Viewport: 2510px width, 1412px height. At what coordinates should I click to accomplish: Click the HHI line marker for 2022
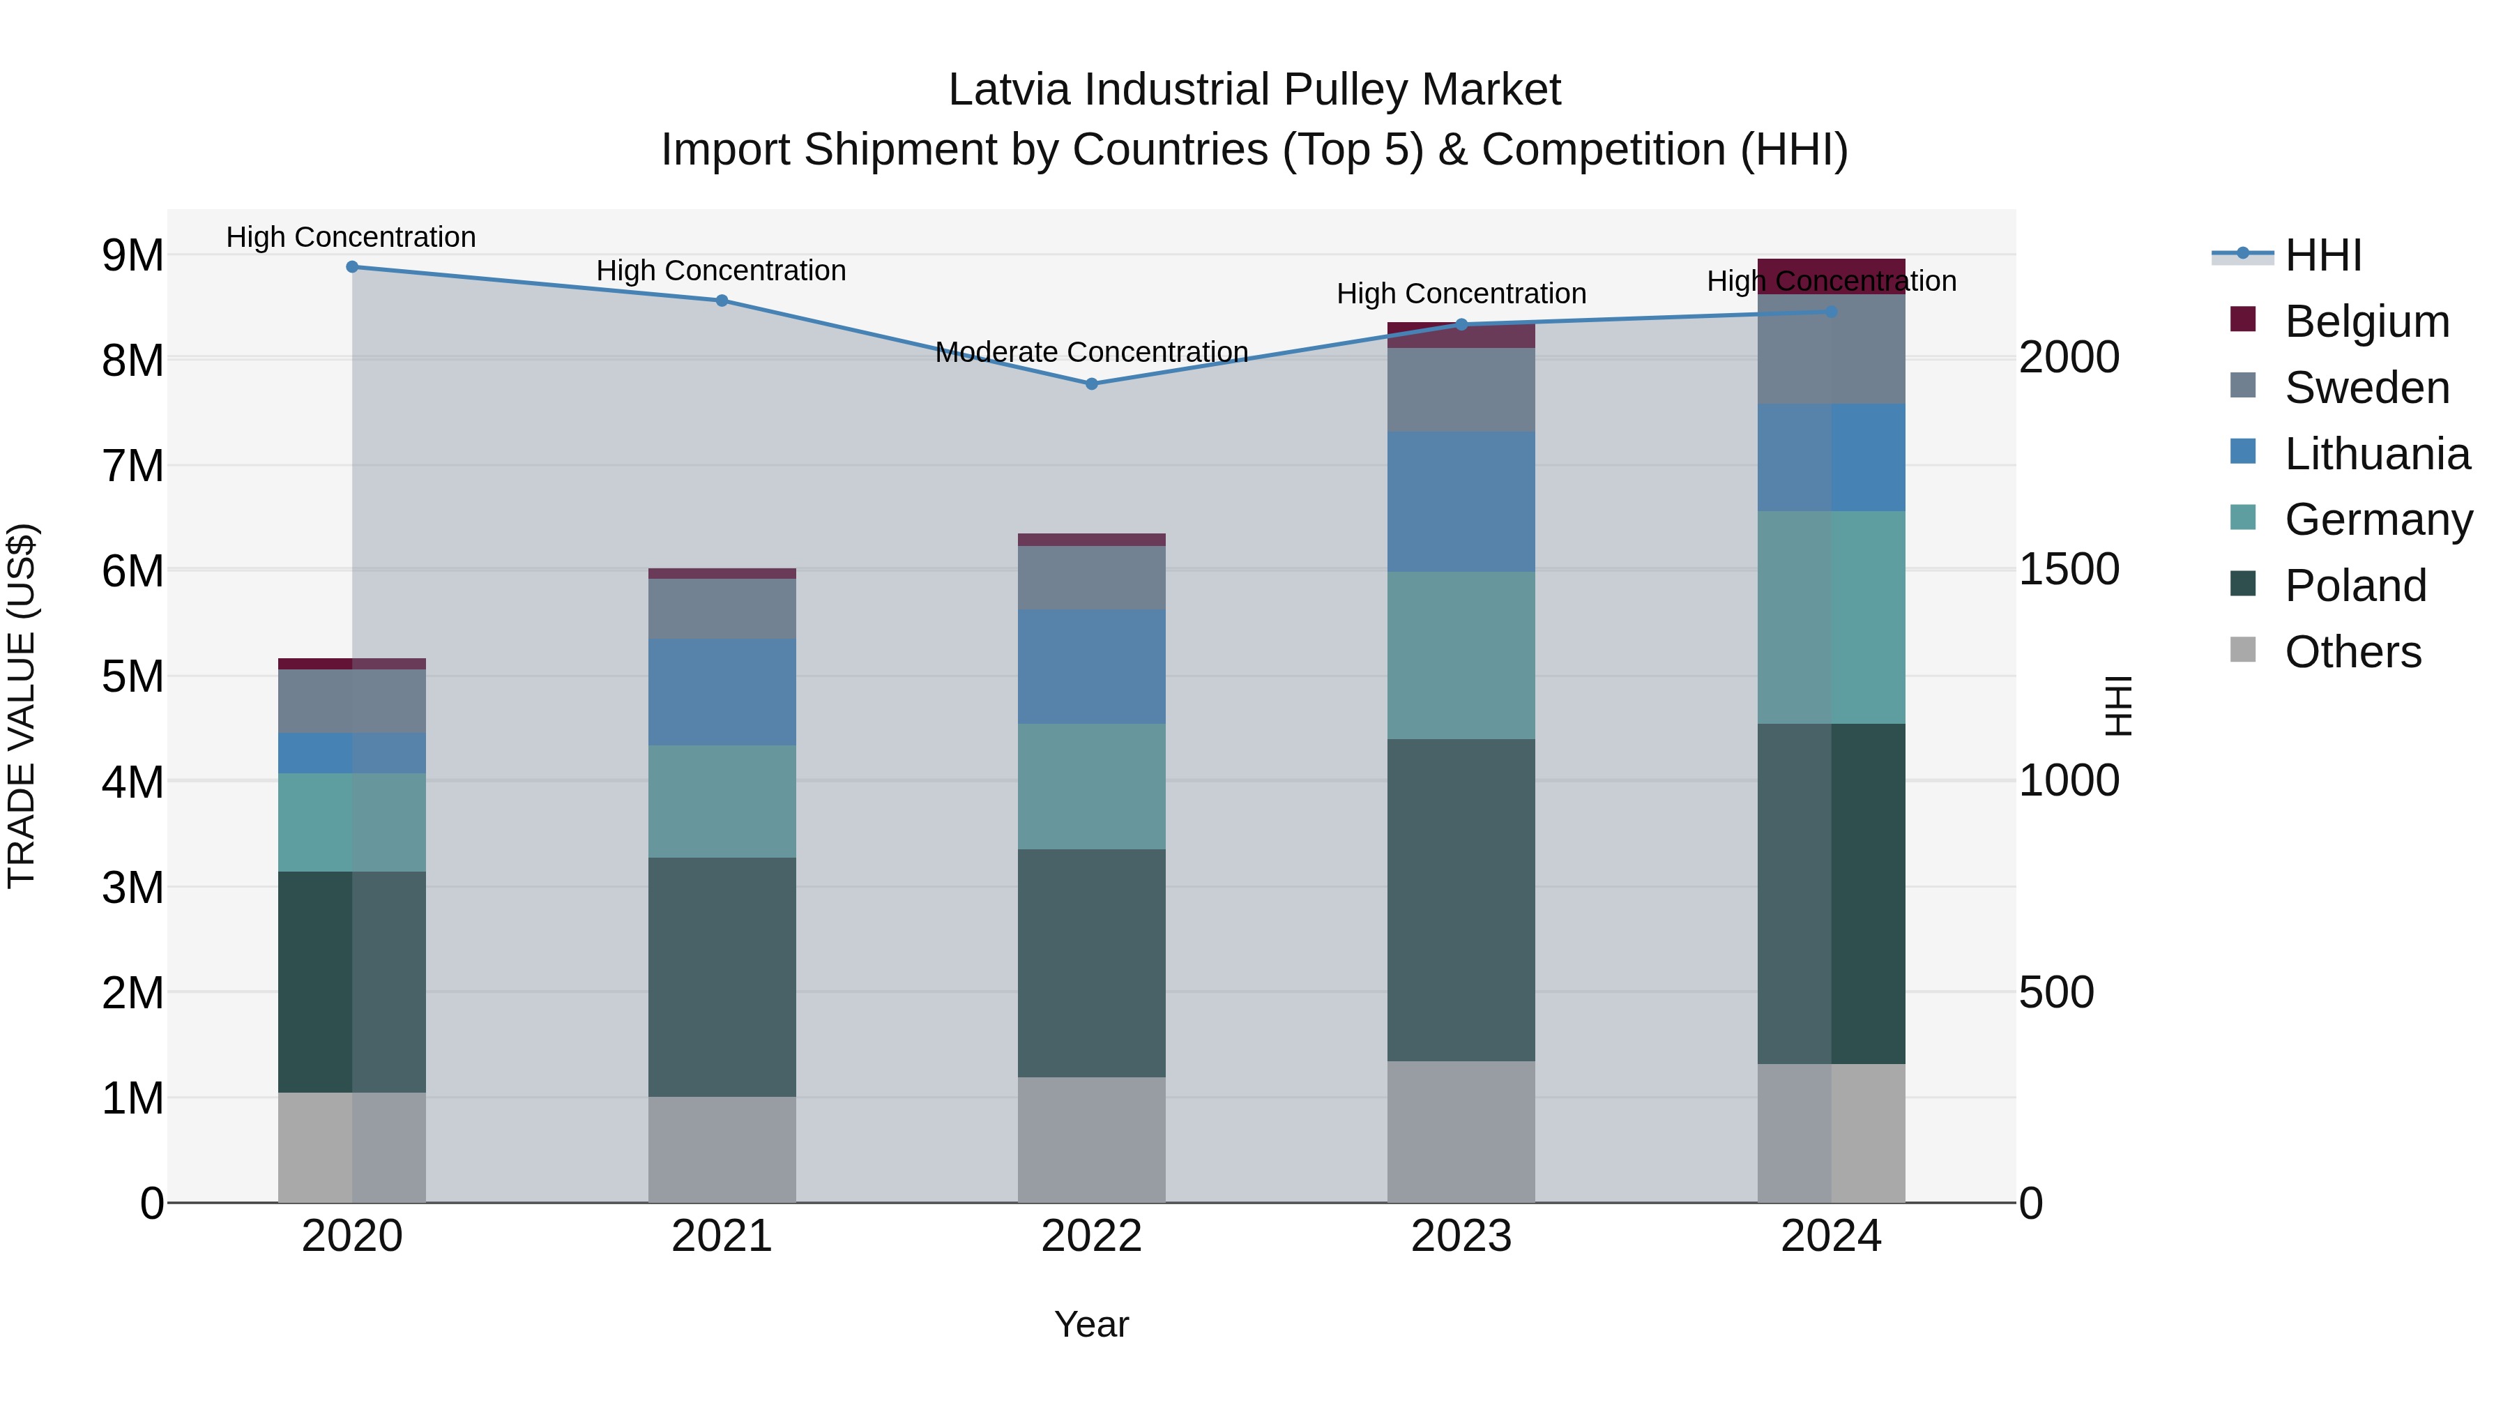coord(1091,384)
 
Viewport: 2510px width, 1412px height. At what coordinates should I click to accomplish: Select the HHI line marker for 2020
coord(352,267)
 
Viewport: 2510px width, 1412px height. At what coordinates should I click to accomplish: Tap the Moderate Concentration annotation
coord(1091,352)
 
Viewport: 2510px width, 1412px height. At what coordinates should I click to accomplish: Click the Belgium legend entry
coord(2366,321)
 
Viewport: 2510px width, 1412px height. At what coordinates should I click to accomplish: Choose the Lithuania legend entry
coord(2375,454)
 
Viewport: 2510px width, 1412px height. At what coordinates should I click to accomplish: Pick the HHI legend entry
coord(2322,255)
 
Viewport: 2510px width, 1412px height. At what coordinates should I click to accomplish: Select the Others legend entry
coord(2352,652)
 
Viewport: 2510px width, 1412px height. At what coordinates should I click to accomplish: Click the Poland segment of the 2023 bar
coord(1461,899)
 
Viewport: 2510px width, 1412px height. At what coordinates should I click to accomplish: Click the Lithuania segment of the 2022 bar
coord(1091,667)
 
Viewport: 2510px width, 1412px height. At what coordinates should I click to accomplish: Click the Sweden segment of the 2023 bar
coord(1461,390)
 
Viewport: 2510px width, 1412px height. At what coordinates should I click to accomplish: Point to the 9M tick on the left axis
coord(132,255)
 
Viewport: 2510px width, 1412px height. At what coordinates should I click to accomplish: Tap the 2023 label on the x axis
coord(1461,1236)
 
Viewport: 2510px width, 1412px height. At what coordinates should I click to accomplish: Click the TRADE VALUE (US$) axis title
coord(22,706)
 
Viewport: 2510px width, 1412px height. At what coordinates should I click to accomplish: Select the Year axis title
coord(1091,1324)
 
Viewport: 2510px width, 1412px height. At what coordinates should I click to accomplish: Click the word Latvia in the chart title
coord(1010,90)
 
